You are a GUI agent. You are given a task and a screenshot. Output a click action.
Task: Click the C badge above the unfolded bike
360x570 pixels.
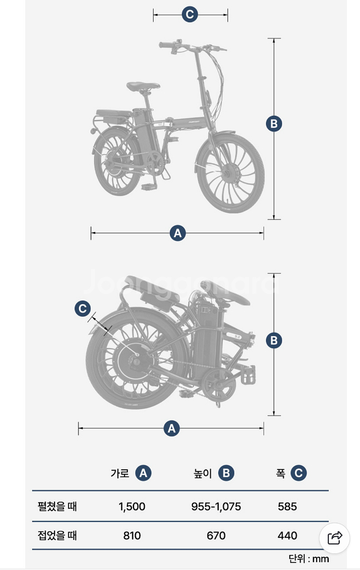[x=190, y=14]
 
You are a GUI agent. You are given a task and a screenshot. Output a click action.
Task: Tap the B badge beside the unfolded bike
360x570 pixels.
[x=274, y=124]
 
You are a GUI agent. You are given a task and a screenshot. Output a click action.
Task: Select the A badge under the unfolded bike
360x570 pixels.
[x=177, y=233]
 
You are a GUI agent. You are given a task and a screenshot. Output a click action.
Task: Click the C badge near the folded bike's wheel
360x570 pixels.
[x=82, y=309]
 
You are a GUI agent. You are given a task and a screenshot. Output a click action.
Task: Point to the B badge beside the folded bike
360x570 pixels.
[x=274, y=341]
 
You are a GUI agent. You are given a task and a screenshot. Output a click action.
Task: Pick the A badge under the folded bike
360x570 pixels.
[x=171, y=428]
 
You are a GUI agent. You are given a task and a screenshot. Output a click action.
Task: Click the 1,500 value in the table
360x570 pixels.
[x=132, y=507]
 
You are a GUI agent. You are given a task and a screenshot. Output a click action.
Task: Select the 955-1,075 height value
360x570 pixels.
[x=216, y=507]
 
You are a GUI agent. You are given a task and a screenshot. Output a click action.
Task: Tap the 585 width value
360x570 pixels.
[x=287, y=507]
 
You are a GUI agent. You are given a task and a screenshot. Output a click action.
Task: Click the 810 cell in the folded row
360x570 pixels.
[x=132, y=535]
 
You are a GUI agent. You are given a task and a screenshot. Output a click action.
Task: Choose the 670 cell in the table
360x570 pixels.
[x=216, y=535]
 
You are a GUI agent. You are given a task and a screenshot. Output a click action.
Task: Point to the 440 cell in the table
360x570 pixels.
[x=287, y=535]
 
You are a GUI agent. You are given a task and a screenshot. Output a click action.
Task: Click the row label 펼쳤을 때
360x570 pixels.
[x=57, y=506]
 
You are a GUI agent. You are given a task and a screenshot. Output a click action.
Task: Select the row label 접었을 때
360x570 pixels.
[x=57, y=535]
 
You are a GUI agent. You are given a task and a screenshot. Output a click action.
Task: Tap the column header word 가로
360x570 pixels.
[x=120, y=473]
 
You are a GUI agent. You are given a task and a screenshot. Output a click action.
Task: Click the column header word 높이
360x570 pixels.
[x=203, y=473]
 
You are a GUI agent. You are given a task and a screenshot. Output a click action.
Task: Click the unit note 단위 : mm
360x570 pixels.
[x=309, y=558]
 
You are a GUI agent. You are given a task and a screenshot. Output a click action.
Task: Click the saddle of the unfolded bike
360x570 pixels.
[x=143, y=86]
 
